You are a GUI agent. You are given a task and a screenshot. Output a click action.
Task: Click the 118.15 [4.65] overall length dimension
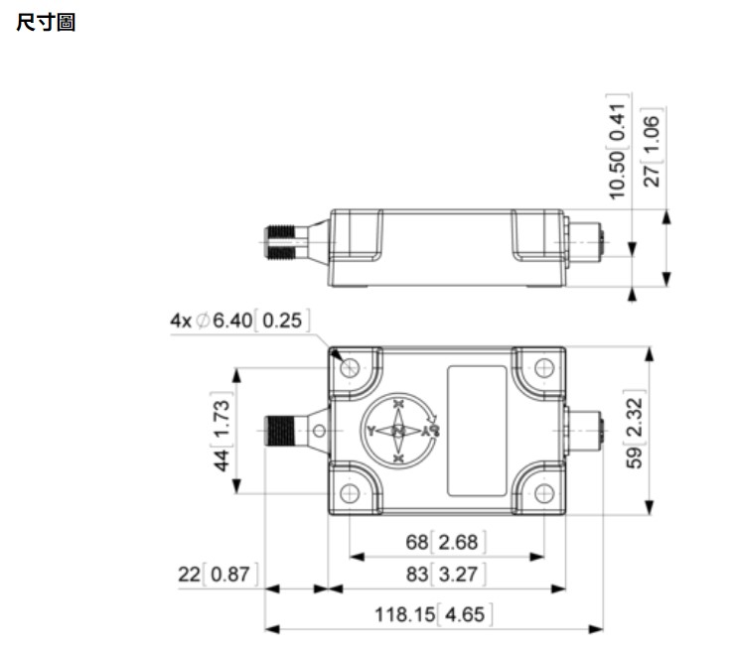pos(433,614)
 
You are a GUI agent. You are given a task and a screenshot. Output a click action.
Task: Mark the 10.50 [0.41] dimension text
pos(619,149)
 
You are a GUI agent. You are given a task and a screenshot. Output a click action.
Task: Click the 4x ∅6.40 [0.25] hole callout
pos(238,320)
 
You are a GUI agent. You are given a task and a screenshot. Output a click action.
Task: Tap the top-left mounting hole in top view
pos(349,368)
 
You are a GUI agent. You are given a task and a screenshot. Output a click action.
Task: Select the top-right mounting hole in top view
pos(543,368)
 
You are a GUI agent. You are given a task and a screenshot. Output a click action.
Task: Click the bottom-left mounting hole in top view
pos(349,493)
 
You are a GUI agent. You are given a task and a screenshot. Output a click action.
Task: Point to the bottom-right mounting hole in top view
pos(543,493)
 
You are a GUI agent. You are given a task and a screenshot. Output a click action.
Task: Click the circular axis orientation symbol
pos(397,431)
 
